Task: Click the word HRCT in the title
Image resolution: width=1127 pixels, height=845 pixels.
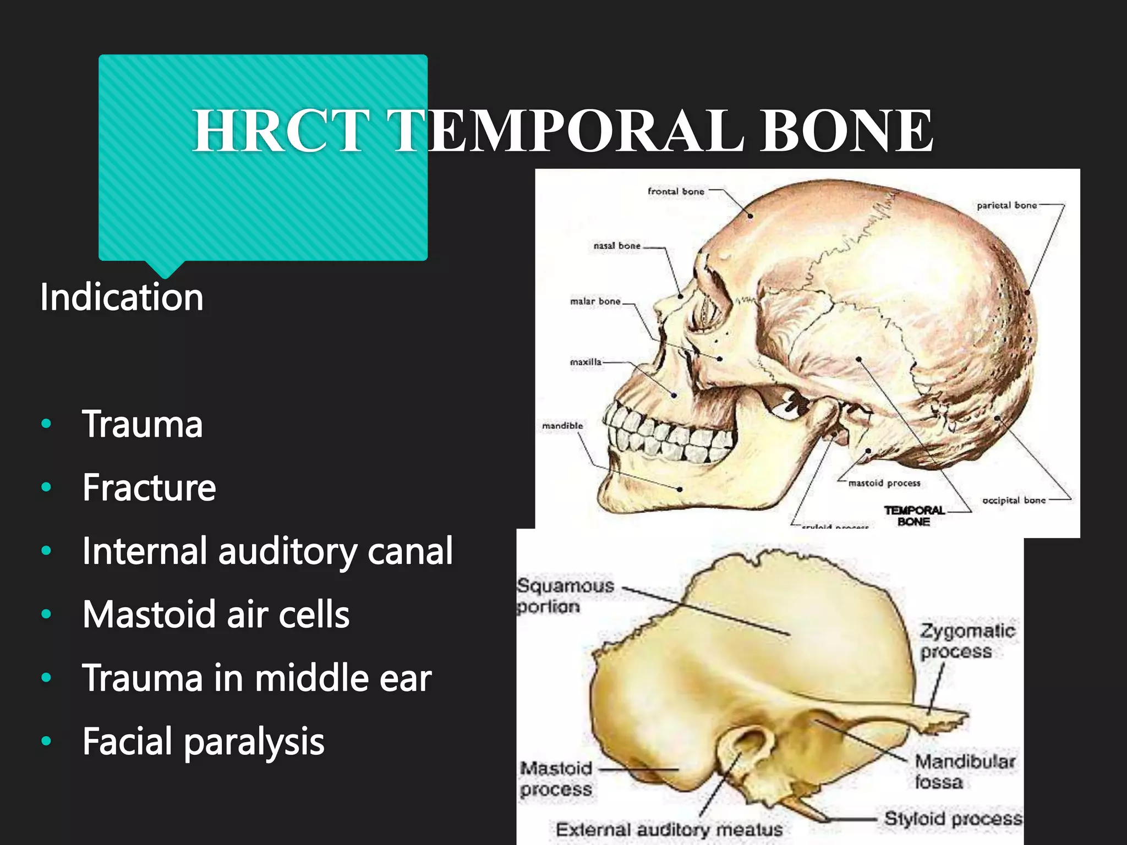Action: click(281, 131)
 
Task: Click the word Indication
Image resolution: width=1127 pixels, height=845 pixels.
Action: click(122, 297)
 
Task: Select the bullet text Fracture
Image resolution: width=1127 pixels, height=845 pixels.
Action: click(149, 487)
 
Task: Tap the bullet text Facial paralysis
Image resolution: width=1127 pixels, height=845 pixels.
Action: click(203, 741)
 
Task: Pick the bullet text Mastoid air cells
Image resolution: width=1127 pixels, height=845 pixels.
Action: click(216, 614)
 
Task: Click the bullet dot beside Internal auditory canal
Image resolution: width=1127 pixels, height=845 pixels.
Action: click(46, 551)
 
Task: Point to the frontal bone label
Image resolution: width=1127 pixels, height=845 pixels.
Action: click(676, 191)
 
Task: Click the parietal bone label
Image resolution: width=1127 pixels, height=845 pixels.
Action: click(1006, 205)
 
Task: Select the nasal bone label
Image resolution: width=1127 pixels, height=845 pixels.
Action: click(617, 246)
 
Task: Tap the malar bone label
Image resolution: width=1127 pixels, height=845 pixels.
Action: click(595, 301)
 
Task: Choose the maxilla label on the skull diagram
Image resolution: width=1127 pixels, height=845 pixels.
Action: click(586, 362)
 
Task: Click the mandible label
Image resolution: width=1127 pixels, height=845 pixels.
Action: click(562, 426)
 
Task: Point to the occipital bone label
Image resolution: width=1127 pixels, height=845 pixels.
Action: click(1014, 500)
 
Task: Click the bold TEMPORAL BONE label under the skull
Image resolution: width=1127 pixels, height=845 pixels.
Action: click(913, 516)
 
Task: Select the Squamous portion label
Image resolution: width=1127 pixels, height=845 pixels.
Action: click(564, 596)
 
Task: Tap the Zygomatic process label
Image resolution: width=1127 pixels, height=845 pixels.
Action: click(966, 641)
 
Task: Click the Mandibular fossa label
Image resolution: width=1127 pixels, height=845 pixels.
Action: click(964, 771)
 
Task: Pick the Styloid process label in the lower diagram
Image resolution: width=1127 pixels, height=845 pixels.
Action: click(953, 818)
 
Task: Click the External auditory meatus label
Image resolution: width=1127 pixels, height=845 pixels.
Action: click(669, 829)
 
